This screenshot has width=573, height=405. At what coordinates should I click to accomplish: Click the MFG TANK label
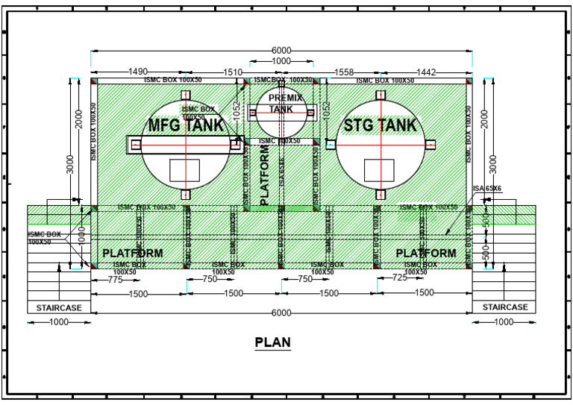tap(185, 125)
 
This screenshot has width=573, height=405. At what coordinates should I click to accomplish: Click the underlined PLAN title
tap(272, 342)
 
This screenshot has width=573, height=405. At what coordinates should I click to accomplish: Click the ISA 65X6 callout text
tap(487, 190)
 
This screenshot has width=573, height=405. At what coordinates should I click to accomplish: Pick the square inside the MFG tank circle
tap(184, 171)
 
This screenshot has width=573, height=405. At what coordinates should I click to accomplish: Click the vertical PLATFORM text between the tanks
tap(263, 175)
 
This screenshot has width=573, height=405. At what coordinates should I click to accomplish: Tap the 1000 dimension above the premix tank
tap(281, 61)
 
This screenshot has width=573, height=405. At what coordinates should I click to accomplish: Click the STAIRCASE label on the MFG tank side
tap(59, 307)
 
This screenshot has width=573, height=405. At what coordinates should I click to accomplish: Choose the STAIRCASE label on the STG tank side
tap(504, 307)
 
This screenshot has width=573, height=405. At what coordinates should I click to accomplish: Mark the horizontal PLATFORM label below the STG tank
tap(425, 254)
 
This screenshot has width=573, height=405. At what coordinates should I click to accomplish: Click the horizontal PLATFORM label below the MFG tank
tap(132, 254)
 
